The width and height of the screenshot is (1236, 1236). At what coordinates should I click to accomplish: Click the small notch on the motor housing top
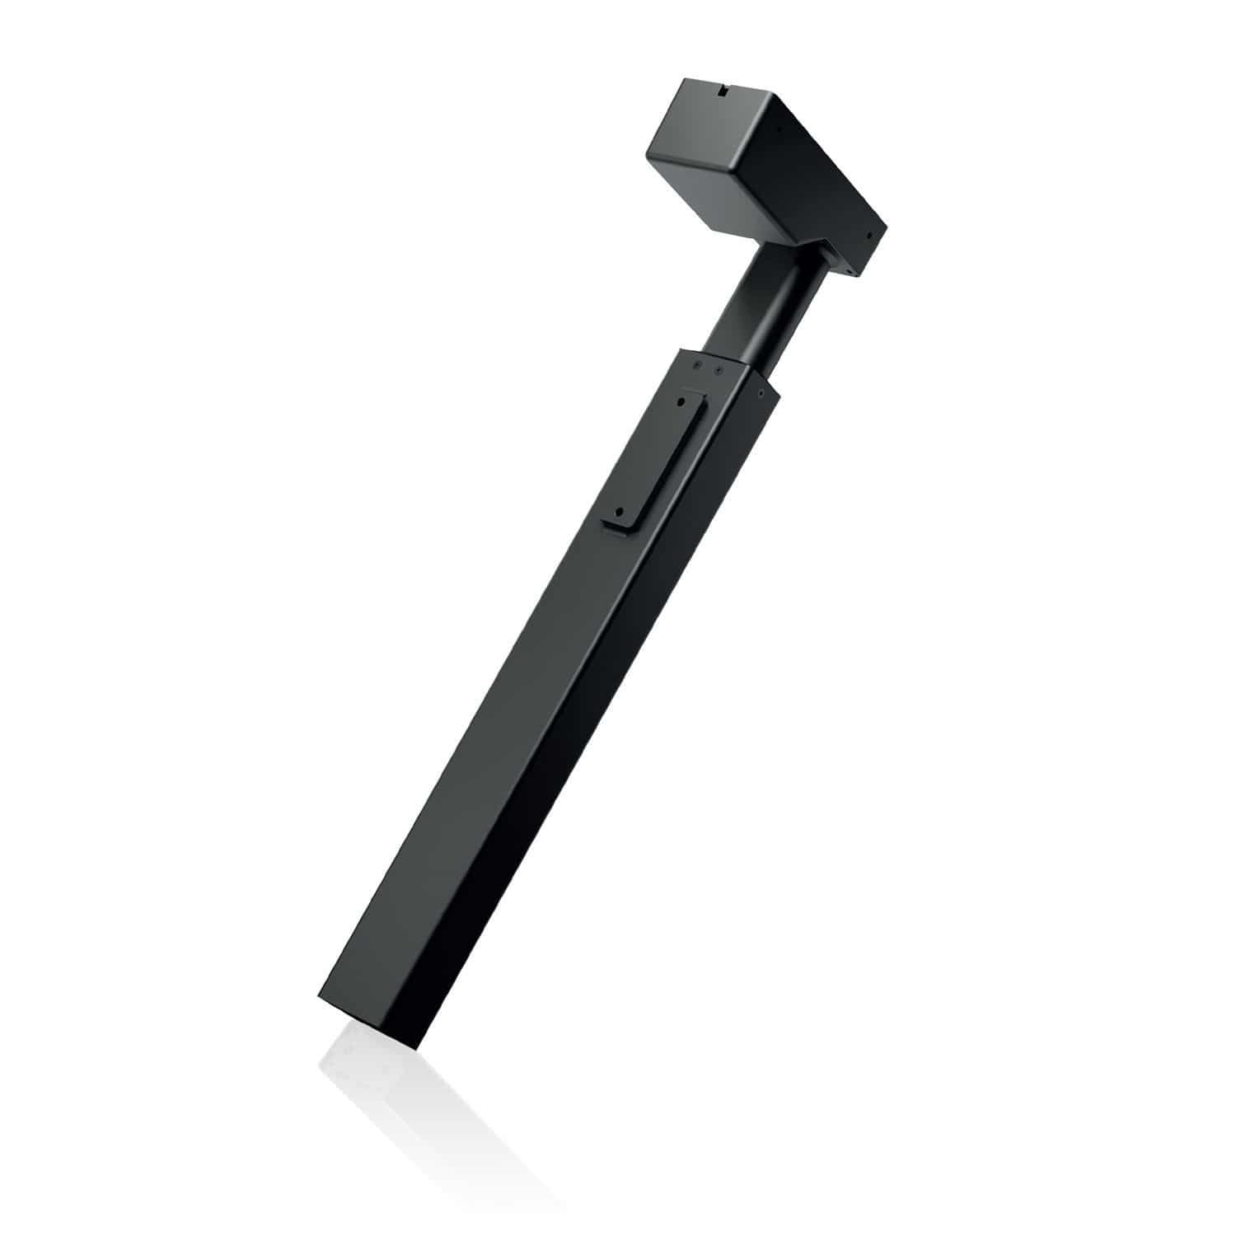(x=724, y=92)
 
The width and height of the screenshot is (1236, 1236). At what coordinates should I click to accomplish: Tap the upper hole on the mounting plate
(x=681, y=401)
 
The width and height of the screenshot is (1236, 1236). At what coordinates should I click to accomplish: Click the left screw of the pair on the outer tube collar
(x=698, y=363)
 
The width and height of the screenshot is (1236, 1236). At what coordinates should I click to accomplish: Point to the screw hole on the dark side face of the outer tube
(x=761, y=396)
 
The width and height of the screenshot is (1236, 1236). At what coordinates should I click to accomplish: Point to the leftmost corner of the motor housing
(x=647, y=153)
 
